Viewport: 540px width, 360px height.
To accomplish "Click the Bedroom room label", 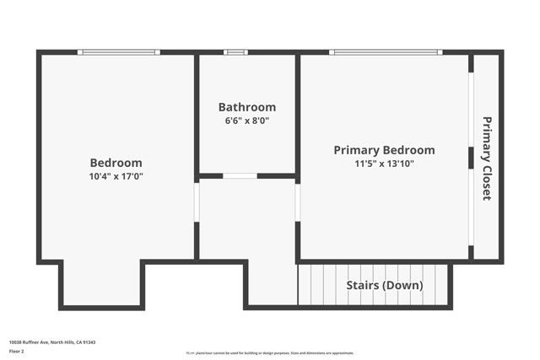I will coord(116,163).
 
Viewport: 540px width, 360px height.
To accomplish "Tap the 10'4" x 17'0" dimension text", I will coord(116,177).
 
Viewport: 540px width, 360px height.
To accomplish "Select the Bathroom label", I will coord(246,107).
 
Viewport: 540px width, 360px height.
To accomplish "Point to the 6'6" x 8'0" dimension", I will coord(246,121).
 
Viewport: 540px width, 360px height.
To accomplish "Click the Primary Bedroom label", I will coord(384,150).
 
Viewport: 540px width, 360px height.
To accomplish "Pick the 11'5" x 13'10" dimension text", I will coord(384,164).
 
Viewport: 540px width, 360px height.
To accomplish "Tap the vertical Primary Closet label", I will coord(486,159).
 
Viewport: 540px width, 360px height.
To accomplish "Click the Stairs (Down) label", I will coord(385,285).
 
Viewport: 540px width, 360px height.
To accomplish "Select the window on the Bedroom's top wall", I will coord(118,52).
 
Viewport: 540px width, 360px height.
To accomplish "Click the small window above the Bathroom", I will coord(235,52).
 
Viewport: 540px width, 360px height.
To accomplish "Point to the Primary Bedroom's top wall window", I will coord(385,52).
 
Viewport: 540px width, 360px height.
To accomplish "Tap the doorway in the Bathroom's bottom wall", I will coord(240,175).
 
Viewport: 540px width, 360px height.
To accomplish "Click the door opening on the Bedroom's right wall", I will coord(197,203).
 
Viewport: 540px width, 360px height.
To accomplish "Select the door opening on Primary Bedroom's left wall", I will coord(297,203).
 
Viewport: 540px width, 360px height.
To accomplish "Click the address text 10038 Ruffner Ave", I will coord(51,342).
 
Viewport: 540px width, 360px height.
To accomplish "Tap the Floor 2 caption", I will coord(16,351).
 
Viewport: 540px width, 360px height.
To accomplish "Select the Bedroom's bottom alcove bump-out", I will coord(101,284).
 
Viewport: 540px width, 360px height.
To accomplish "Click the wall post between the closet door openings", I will coord(471,158).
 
